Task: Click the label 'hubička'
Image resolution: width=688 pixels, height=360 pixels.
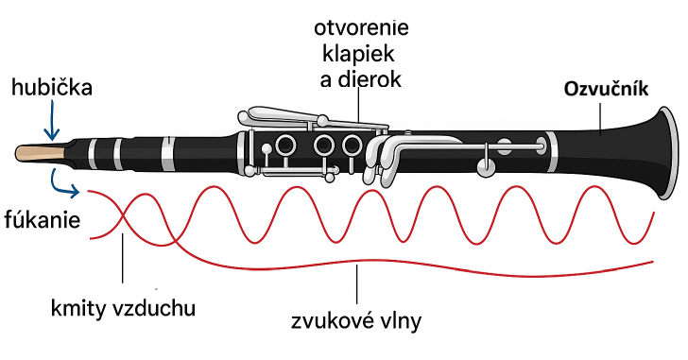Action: [x=52, y=87]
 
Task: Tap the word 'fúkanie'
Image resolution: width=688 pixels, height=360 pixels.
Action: [x=43, y=219]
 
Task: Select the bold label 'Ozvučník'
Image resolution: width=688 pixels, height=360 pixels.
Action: [x=606, y=90]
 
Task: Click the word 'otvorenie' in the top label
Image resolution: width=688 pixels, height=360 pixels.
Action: [x=361, y=28]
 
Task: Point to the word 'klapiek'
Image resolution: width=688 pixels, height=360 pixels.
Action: [x=358, y=55]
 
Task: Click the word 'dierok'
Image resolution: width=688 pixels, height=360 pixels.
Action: [x=370, y=79]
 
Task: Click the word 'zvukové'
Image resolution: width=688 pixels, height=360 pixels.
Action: [x=330, y=321]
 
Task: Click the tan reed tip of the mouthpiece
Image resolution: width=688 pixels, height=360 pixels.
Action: [x=41, y=152]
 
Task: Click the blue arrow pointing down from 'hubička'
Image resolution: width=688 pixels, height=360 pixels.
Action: [x=52, y=119]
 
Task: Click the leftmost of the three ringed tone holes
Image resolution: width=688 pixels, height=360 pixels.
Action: [x=285, y=145]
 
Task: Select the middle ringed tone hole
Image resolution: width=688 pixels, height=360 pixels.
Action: [x=324, y=145]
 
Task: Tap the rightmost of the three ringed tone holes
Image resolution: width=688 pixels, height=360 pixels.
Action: [x=352, y=145]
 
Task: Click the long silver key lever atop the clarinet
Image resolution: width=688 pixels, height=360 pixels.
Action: [x=307, y=118]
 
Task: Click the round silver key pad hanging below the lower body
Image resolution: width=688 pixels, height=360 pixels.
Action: [x=486, y=166]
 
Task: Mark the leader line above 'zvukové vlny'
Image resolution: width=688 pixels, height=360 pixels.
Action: [x=357, y=284]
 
